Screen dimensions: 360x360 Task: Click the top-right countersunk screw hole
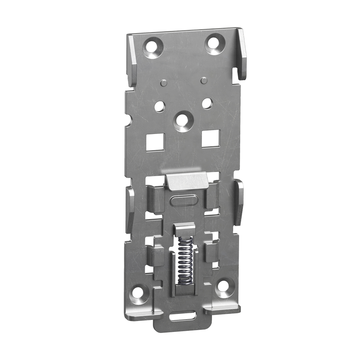[x=214, y=43]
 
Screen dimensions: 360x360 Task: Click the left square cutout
[x=155, y=142]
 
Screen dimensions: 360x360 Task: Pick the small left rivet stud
[x=163, y=83]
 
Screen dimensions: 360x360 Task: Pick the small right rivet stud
[x=203, y=80]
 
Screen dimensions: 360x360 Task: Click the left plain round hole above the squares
[x=159, y=106]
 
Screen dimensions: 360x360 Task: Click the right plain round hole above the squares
[x=207, y=103]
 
